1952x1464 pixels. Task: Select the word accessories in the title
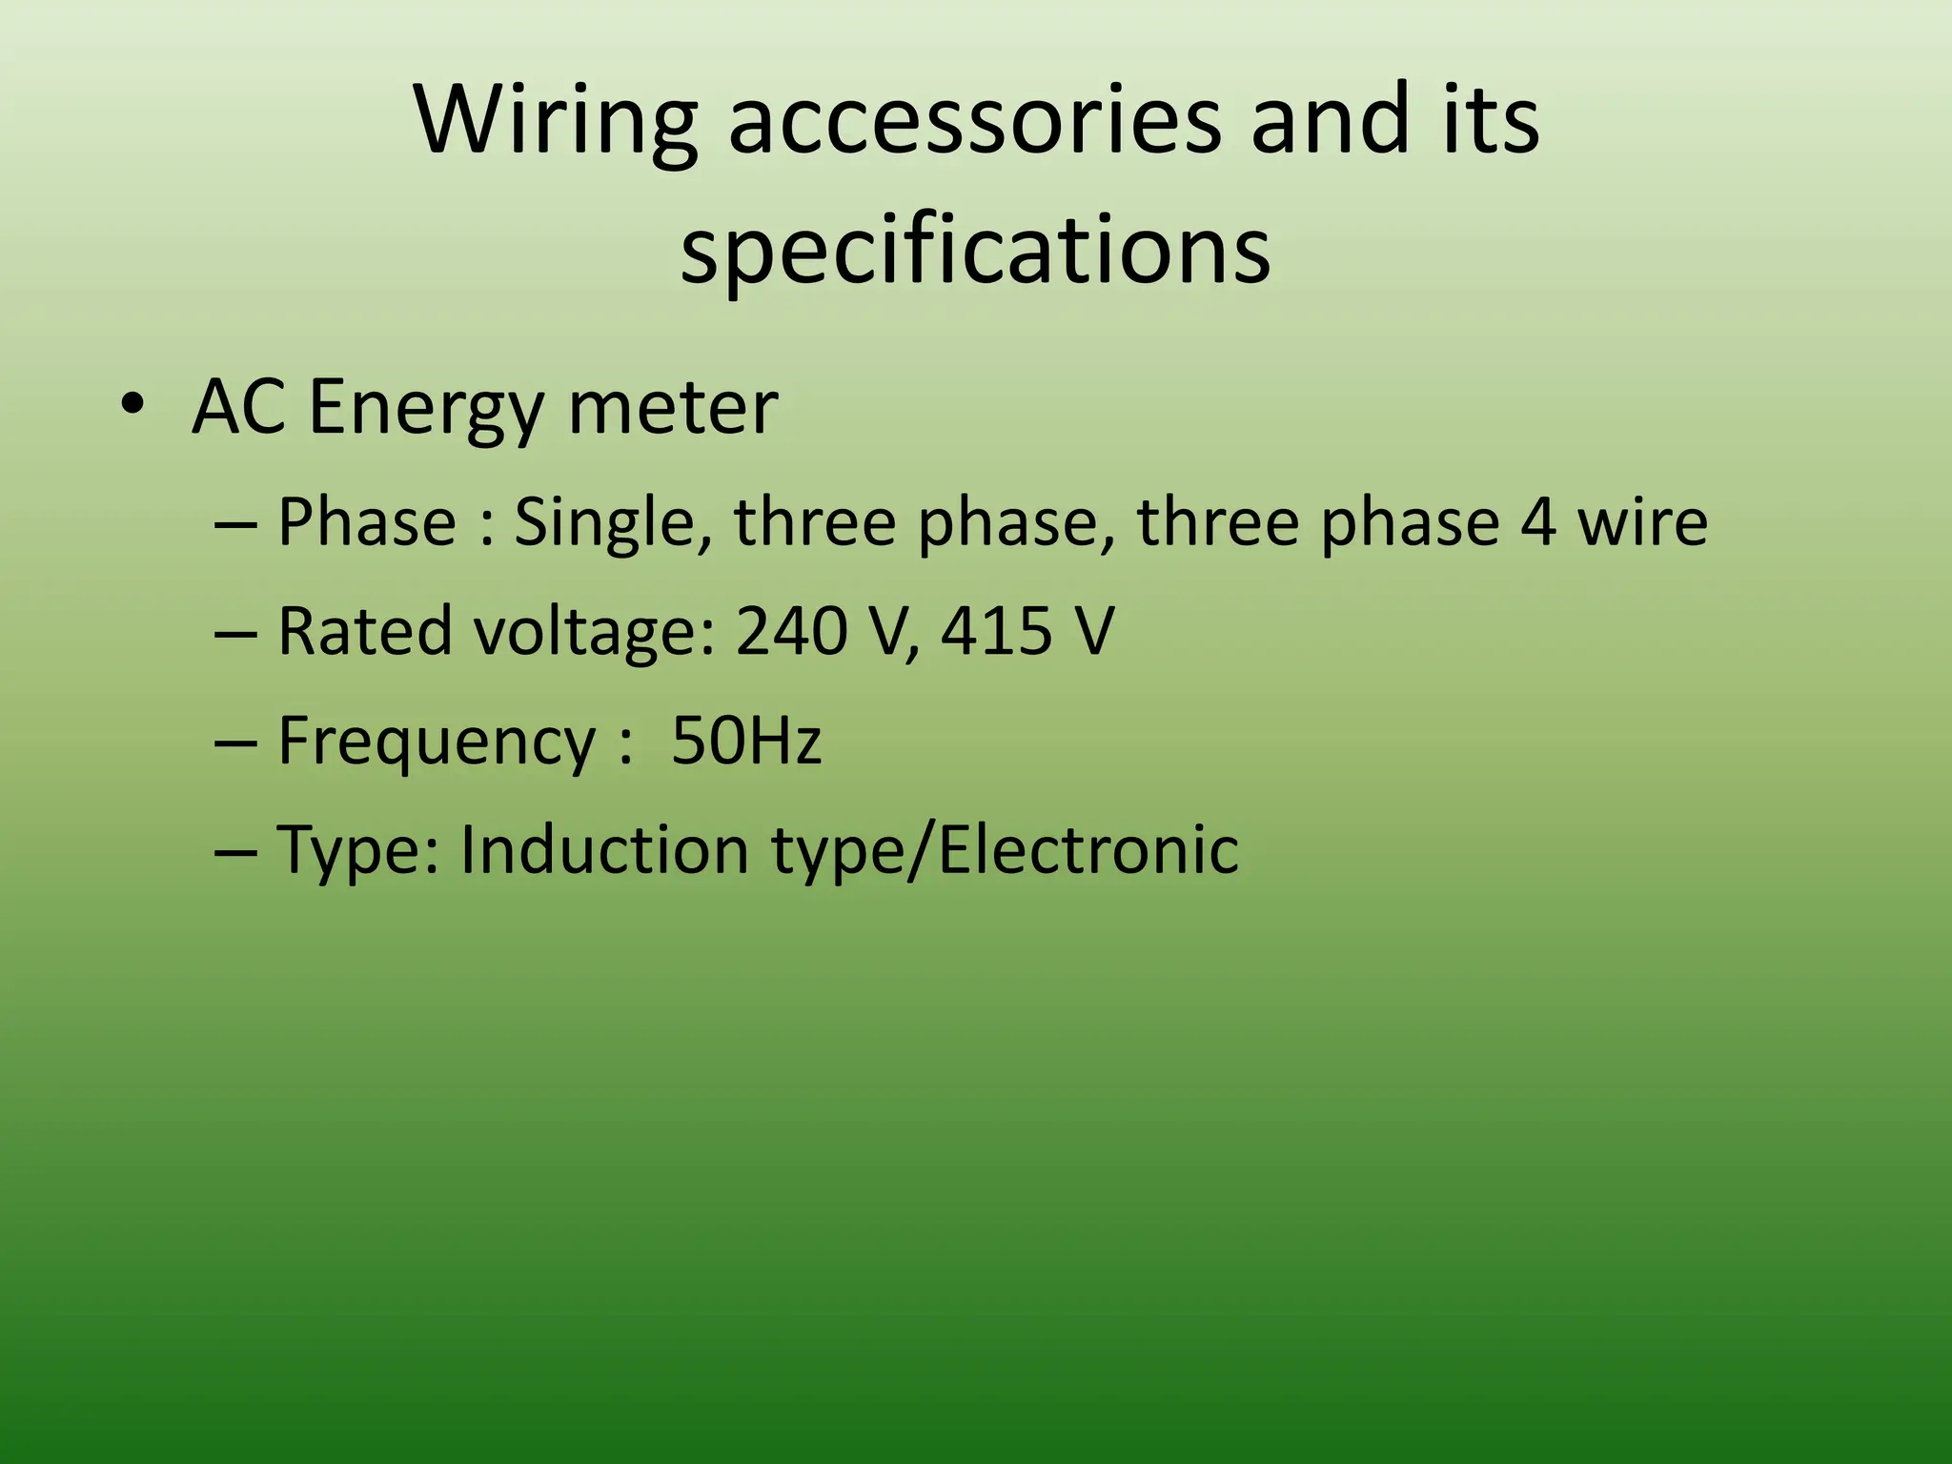pos(973,121)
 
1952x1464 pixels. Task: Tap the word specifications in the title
pos(975,250)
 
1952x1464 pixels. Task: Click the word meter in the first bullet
pos(672,408)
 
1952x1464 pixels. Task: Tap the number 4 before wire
pos(1536,522)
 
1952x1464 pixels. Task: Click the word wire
pos(1641,522)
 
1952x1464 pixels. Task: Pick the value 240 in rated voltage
pos(791,631)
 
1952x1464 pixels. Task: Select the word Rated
pos(365,631)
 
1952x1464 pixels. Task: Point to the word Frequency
pos(437,742)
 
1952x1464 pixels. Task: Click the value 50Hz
pos(745,741)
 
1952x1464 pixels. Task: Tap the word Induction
pos(603,849)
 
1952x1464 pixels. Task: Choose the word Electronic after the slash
pos(1088,849)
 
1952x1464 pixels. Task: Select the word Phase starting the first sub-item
pos(367,522)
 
